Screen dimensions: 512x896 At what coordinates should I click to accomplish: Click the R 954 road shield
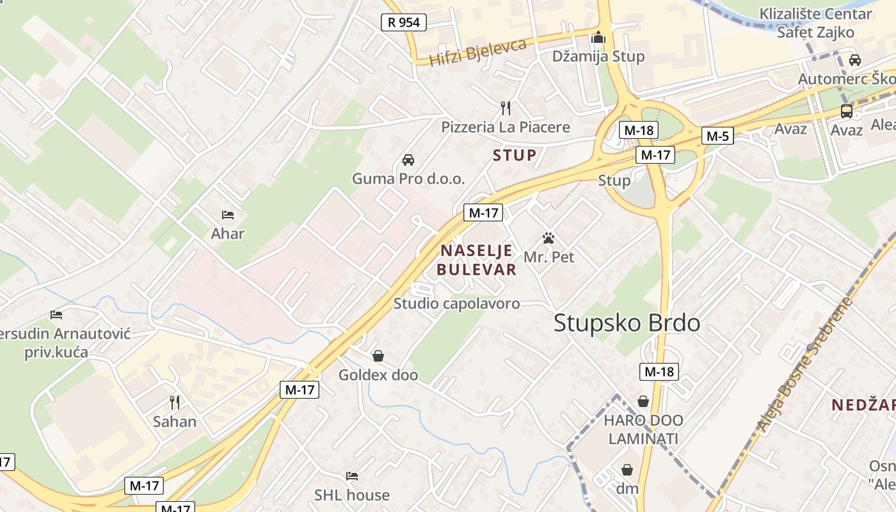tap(404, 22)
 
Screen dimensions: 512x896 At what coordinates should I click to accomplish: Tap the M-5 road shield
tap(717, 136)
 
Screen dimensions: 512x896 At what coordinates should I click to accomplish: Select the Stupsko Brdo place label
tap(627, 323)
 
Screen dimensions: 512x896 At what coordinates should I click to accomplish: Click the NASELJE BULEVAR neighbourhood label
tap(476, 260)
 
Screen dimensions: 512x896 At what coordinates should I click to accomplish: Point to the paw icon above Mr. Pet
tap(548, 238)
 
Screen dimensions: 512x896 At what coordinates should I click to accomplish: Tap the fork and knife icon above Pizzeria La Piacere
tap(505, 107)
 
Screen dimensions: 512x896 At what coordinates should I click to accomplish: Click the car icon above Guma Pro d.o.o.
tap(408, 159)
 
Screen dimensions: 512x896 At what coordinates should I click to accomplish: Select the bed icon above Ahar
tap(227, 215)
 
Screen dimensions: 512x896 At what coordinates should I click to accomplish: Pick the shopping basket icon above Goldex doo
tap(378, 355)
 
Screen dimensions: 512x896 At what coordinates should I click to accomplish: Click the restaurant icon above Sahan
tap(174, 402)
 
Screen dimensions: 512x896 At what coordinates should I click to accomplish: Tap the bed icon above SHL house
tap(351, 476)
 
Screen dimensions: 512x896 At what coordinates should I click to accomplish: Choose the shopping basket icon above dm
tap(627, 470)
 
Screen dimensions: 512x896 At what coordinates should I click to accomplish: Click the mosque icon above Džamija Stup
tap(598, 38)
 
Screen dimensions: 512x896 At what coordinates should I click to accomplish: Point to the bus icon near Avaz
tap(846, 111)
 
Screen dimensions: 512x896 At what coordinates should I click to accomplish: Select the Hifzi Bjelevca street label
tap(477, 52)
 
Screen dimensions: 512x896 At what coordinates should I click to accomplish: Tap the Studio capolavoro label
tap(456, 303)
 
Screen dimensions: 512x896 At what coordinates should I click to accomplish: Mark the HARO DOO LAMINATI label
tap(643, 429)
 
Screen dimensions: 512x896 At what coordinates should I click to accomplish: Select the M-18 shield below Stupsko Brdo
tap(659, 372)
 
